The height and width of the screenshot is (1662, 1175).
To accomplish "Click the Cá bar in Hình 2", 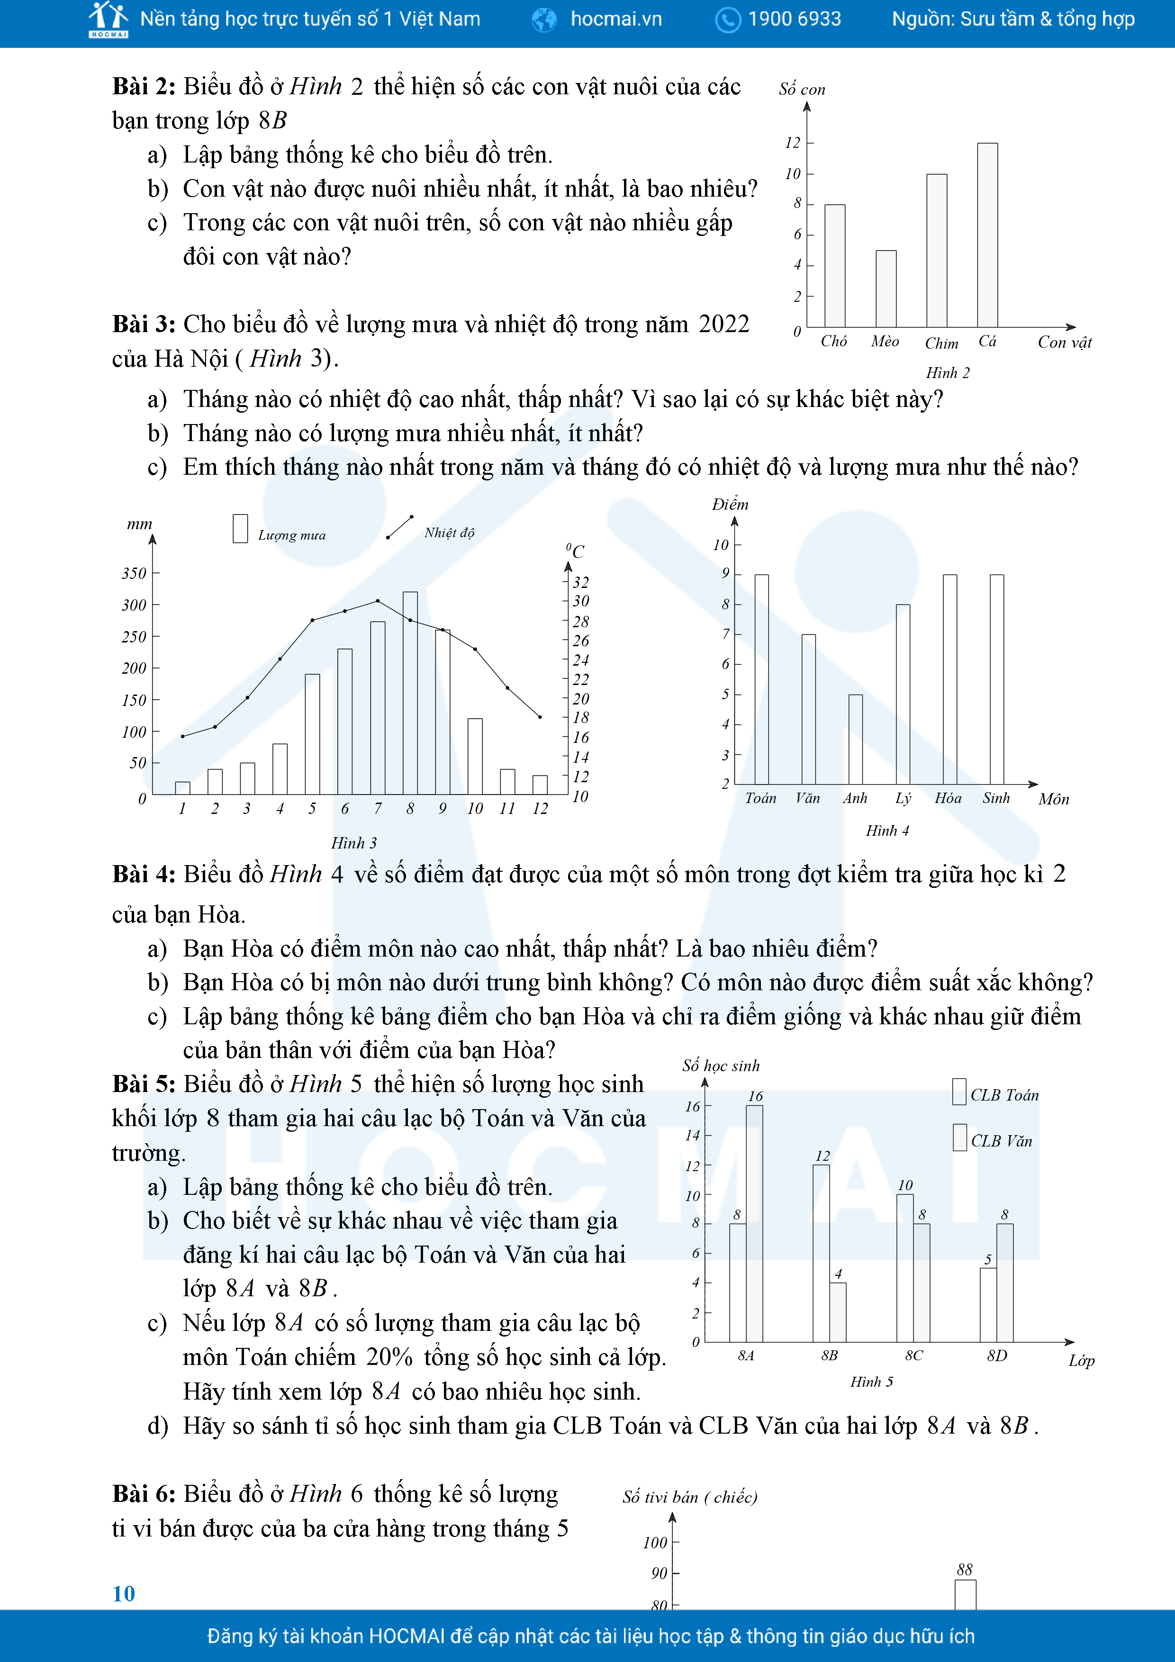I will [x=987, y=235].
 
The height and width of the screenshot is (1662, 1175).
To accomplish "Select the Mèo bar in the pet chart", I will [x=886, y=289].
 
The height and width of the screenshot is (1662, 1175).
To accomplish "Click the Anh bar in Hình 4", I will [x=855, y=739].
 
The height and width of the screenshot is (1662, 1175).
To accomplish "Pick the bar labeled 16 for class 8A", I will [x=754, y=1223].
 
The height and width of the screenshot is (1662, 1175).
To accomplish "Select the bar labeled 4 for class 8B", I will [x=838, y=1312].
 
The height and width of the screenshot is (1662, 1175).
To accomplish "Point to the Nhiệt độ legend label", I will [x=449, y=533].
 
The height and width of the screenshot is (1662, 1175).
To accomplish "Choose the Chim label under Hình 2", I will [x=941, y=344].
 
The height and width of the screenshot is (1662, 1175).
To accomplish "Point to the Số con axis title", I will [x=802, y=90].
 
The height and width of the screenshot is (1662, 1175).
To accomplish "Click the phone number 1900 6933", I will [x=794, y=19].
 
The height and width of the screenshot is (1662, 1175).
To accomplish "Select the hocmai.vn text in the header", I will [x=615, y=19].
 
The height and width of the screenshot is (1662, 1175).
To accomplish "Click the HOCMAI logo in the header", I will [x=108, y=19].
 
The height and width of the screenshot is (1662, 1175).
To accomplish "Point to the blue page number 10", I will [x=124, y=1593].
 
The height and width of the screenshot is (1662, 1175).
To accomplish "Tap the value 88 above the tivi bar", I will [x=964, y=1569].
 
